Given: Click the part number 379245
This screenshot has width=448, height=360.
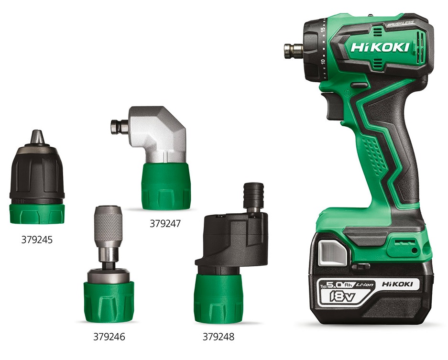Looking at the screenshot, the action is [37, 240].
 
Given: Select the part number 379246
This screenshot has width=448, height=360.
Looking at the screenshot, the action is [109, 337].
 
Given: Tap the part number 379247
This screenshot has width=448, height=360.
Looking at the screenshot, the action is [165, 223].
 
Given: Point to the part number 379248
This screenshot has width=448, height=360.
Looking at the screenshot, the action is [219, 337].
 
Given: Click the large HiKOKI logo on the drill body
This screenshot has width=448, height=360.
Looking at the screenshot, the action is [380, 47].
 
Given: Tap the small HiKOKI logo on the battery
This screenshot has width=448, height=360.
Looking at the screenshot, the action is [397, 284].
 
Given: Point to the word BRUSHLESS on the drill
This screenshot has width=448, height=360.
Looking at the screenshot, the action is [401, 24].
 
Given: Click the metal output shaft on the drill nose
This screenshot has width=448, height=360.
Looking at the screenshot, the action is [294, 49].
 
